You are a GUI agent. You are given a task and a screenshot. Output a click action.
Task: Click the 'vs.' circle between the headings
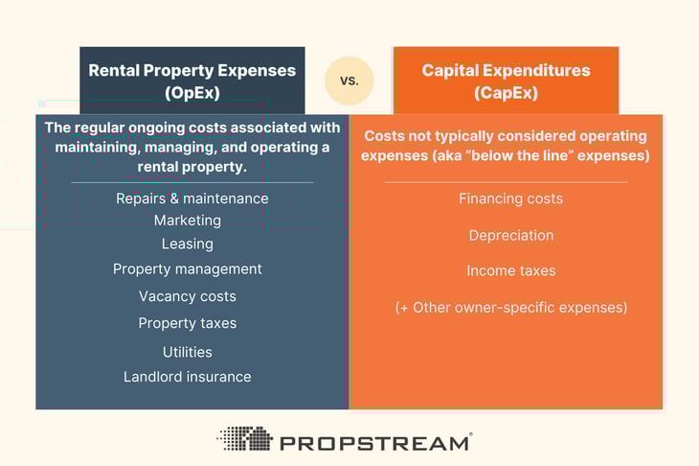(x=349, y=81)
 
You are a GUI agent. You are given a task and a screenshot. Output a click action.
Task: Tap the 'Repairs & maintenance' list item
(x=192, y=198)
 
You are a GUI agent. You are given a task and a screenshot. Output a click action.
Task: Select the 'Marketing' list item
(x=188, y=221)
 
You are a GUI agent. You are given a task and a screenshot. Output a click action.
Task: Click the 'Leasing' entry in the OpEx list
(x=188, y=244)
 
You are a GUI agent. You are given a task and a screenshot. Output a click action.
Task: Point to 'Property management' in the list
(x=188, y=269)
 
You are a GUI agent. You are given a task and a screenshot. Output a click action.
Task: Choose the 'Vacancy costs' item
(x=188, y=296)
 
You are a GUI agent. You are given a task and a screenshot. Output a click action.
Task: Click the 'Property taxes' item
(x=188, y=323)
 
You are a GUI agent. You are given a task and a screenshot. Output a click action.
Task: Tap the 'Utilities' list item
(x=188, y=352)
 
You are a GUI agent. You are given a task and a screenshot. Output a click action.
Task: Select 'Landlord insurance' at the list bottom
(x=188, y=377)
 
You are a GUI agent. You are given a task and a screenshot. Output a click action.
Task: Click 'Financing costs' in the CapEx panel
(x=510, y=198)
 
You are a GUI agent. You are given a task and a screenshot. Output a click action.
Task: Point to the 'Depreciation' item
(x=510, y=235)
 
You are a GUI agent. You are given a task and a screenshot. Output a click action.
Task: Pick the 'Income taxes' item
(x=510, y=270)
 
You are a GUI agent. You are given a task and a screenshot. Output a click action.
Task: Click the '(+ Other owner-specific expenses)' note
(x=510, y=308)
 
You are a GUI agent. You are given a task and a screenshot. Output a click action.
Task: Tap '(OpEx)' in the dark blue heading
(x=192, y=92)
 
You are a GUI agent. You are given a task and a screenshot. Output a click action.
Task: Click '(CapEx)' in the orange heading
(x=507, y=92)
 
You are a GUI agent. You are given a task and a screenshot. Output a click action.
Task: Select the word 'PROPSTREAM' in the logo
(x=374, y=442)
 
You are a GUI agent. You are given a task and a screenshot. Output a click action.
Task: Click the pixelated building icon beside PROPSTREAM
(x=244, y=439)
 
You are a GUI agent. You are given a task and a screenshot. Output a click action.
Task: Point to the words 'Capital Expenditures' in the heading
(x=507, y=70)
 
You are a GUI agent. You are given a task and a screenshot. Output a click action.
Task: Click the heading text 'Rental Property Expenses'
(x=192, y=70)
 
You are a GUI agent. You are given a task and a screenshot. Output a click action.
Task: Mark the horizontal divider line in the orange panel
(x=506, y=181)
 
